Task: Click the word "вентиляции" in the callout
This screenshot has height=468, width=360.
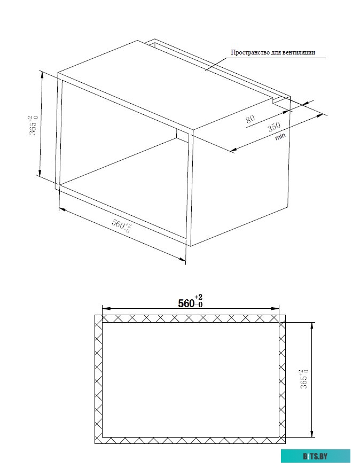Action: (x=300, y=52)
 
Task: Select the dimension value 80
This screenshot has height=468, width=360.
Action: (x=251, y=119)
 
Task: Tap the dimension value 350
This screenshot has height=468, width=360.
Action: (x=274, y=128)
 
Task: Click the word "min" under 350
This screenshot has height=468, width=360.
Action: (x=280, y=137)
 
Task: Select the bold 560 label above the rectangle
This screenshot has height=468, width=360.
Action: (x=186, y=303)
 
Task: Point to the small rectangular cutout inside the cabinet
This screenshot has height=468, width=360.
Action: (x=182, y=136)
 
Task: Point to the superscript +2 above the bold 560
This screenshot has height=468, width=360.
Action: (x=199, y=297)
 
